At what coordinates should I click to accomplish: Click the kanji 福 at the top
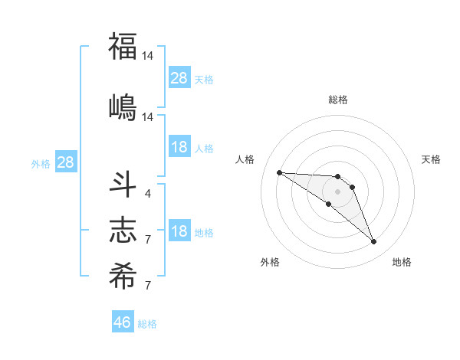[x=123, y=47]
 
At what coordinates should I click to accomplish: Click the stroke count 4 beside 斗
[x=147, y=193]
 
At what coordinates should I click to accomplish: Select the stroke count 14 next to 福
[x=148, y=56]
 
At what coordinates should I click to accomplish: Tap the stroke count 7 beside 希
[x=147, y=285]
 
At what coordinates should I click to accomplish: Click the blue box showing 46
[x=123, y=322]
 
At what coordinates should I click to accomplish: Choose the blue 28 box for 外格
[x=65, y=162]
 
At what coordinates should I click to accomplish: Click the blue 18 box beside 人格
[x=179, y=147]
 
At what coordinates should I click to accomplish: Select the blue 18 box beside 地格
[x=179, y=231]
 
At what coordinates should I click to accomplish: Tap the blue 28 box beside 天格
[x=179, y=78]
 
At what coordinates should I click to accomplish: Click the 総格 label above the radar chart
[x=338, y=100]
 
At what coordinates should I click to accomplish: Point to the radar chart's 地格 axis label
[x=402, y=262]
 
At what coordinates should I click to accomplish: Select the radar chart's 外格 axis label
[x=270, y=262]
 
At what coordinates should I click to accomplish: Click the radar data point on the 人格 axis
[x=279, y=172]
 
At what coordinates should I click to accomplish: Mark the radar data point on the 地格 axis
[x=374, y=242]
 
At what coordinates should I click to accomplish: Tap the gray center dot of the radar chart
[x=338, y=191]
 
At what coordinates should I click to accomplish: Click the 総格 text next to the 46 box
[x=147, y=324]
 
